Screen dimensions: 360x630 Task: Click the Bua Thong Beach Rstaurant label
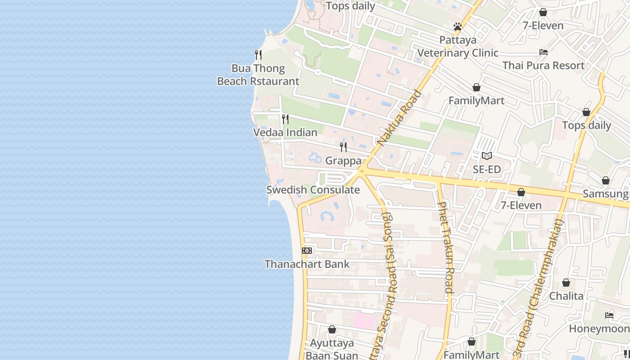(x=258, y=75)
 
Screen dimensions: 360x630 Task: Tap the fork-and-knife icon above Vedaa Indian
(x=285, y=119)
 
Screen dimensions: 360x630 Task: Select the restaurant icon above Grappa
(x=343, y=147)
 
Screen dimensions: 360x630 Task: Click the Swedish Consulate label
(x=313, y=190)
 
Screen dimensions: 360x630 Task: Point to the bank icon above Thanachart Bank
(x=307, y=251)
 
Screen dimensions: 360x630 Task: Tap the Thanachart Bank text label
(x=307, y=264)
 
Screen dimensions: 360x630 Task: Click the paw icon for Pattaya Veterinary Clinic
(x=458, y=27)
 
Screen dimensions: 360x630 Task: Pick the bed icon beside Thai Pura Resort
(x=544, y=52)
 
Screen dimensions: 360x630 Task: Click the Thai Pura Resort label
(x=543, y=65)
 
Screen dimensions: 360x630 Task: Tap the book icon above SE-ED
(x=486, y=156)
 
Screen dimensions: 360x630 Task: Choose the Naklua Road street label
(x=400, y=118)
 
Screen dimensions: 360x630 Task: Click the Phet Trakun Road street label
(x=445, y=247)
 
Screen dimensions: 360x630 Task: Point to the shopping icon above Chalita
(x=566, y=283)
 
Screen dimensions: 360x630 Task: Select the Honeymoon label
(x=598, y=329)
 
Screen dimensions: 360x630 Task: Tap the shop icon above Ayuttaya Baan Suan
(x=332, y=330)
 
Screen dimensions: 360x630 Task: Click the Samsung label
(x=605, y=194)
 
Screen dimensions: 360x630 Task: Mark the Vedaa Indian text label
(x=285, y=133)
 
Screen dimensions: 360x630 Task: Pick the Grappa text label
(x=343, y=161)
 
